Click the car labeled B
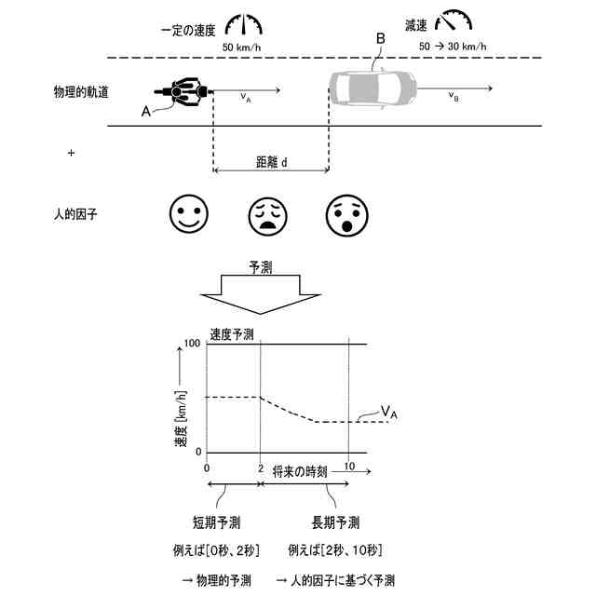coord(372,90)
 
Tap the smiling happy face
coord(186,215)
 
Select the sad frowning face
coord(267,215)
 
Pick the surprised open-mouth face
coord(345,215)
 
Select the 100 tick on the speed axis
coord(194,344)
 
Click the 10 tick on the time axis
coord(348,466)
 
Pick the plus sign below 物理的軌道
coord(71,152)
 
